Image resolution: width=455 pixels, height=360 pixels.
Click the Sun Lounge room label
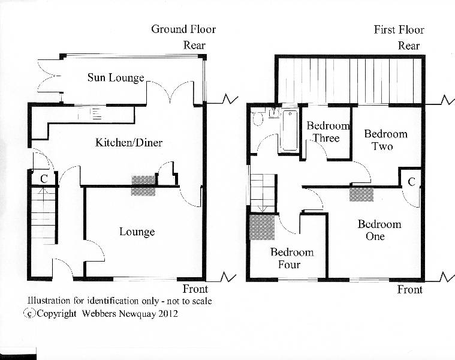click(116, 77)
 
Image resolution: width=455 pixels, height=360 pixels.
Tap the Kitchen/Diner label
click(129, 143)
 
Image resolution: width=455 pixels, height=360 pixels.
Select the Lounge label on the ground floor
click(137, 232)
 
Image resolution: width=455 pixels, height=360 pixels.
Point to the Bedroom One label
click(379, 230)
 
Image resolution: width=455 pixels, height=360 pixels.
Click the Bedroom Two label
click(385, 140)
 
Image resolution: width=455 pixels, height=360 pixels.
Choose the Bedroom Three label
click(327, 132)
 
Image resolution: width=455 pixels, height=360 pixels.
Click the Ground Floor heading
click(183, 29)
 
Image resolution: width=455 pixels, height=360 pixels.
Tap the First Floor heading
click(399, 29)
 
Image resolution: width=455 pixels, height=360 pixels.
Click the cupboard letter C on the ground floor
click(44, 178)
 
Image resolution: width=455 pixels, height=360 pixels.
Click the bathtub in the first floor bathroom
click(290, 130)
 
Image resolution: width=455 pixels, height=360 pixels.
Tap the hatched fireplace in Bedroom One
click(361, 194)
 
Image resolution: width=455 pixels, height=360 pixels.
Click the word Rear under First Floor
click(409, 45)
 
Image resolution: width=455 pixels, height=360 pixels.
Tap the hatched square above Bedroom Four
click(262, 227)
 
